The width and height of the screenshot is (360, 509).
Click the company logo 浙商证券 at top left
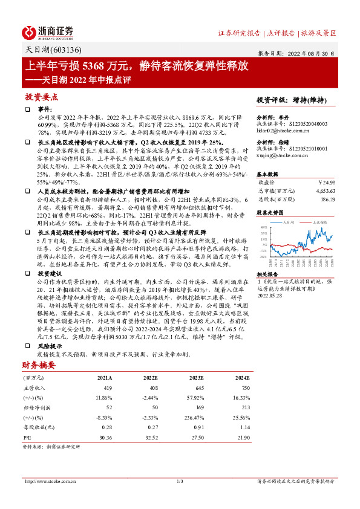pyautogui.click(x=48, y=31)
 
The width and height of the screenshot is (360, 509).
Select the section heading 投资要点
pyautogui.click(x=41, y=96)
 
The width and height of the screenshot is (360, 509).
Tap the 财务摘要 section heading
pyautogui.click(x=38, y=365)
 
